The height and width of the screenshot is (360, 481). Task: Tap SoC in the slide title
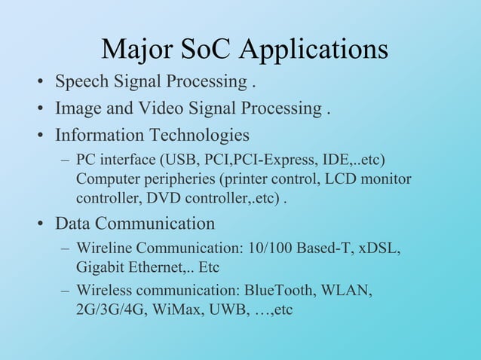pos(207,49)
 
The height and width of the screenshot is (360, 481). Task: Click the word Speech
pos(83,81)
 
